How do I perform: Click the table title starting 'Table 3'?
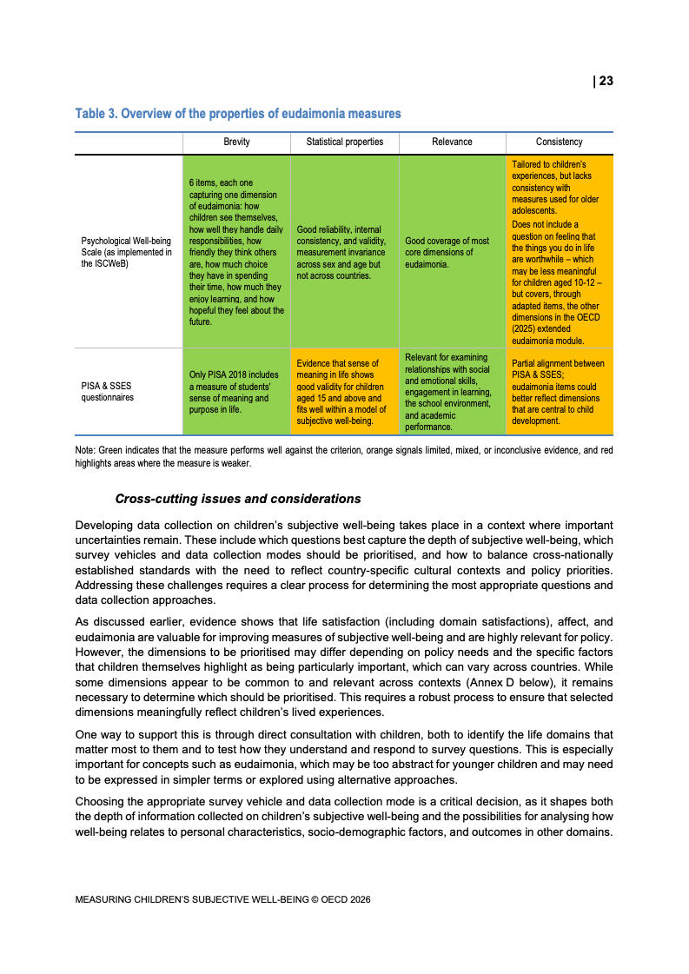point(238,114)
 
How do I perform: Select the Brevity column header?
point(236,142)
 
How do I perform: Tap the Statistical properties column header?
point(345,142)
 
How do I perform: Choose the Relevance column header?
point(452,142)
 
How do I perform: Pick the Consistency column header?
point(560,142)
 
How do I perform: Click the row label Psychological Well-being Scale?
point(126,252)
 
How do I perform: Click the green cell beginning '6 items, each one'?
point(236,252)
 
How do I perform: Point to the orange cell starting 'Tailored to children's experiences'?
point(560,252)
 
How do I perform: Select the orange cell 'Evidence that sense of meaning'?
point(345,393)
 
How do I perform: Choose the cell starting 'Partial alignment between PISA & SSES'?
point(560,393)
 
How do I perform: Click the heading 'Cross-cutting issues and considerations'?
point(238,499)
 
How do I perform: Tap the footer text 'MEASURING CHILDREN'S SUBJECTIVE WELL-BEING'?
point(222,900)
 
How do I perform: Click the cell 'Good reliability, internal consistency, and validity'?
point(343,252)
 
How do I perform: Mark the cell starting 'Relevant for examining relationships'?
point(452,393)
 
